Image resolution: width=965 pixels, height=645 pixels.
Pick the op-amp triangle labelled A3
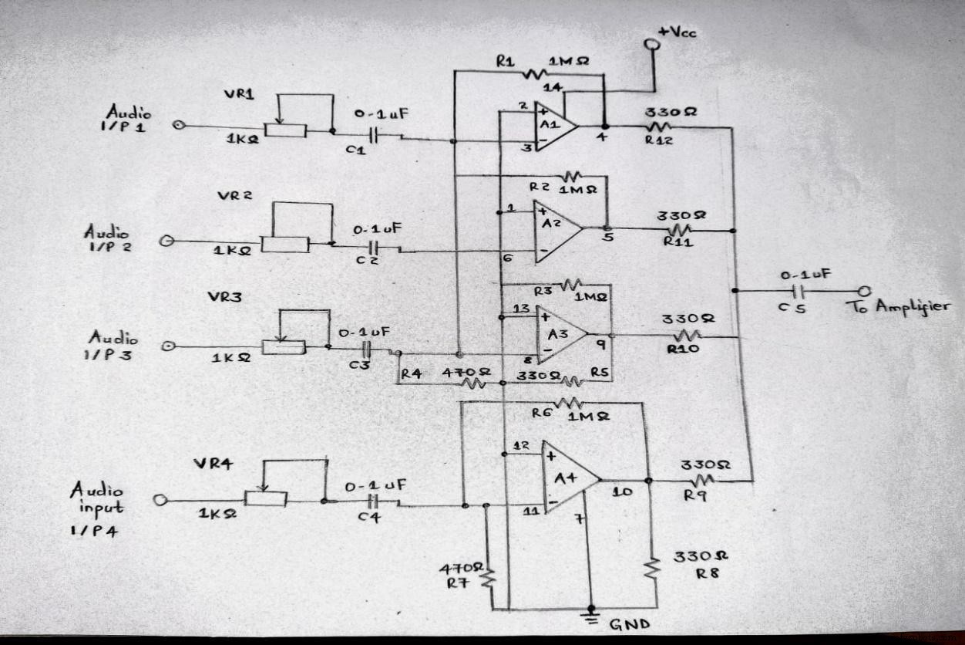point(560,336)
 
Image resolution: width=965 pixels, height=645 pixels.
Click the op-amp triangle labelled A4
point(567,478)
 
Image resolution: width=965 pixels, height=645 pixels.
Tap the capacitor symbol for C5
point(799,292)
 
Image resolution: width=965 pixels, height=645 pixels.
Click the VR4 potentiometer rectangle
point(266,499)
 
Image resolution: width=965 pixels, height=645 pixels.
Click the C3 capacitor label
point(359,364)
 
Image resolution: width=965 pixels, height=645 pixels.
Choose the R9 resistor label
point(691,496)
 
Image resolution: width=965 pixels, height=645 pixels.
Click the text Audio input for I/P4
point(96,498)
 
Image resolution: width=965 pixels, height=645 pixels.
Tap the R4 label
point(411,373)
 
